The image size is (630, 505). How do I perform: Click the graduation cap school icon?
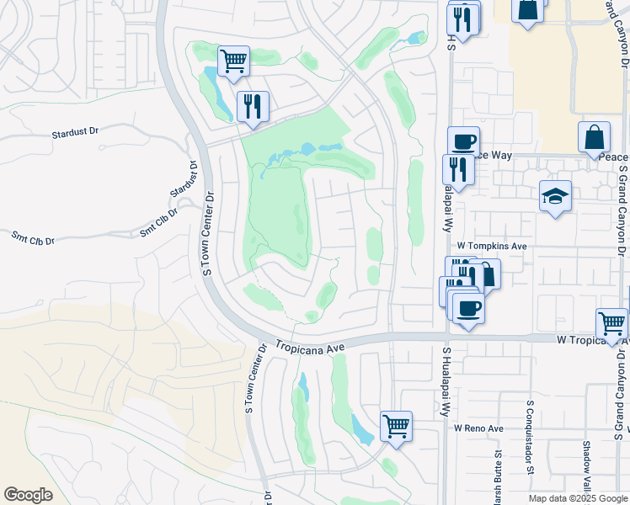tap(555, 196)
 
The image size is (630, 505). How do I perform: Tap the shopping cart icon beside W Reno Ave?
tap(396, 425)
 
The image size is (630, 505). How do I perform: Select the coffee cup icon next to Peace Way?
tap(462, 141)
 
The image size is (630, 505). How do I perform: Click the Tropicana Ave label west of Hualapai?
tap(312, 347)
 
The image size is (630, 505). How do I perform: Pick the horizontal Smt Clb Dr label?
tap(32, 238)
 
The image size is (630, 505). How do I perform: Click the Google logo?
tap(28, 495)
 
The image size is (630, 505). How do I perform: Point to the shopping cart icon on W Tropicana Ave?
tap(611, 322)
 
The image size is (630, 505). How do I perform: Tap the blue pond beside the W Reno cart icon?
tap(361, 430)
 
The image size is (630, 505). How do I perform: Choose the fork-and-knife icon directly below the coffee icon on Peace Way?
tap(458, 169)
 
